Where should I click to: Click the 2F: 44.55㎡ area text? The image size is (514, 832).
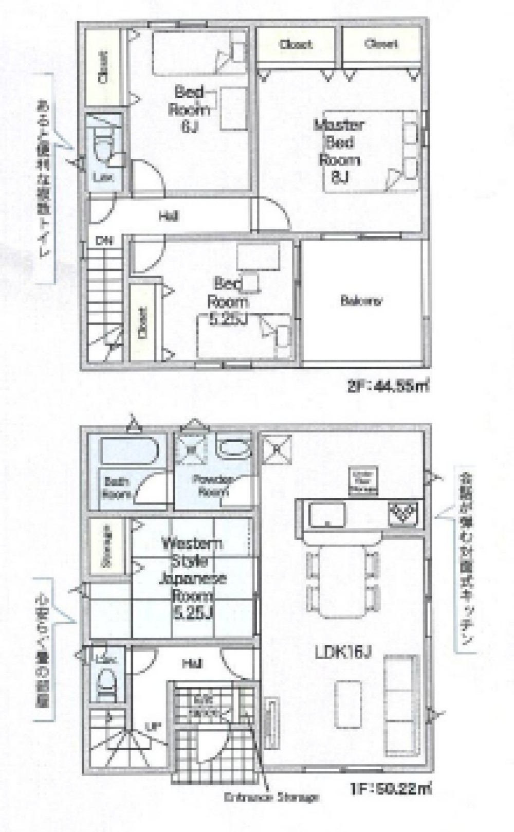point(389,385)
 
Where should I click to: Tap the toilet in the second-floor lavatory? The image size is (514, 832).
point(104,146)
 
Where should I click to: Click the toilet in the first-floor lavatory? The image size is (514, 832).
point(107,684)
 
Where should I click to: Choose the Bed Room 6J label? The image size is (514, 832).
point(191,110)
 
